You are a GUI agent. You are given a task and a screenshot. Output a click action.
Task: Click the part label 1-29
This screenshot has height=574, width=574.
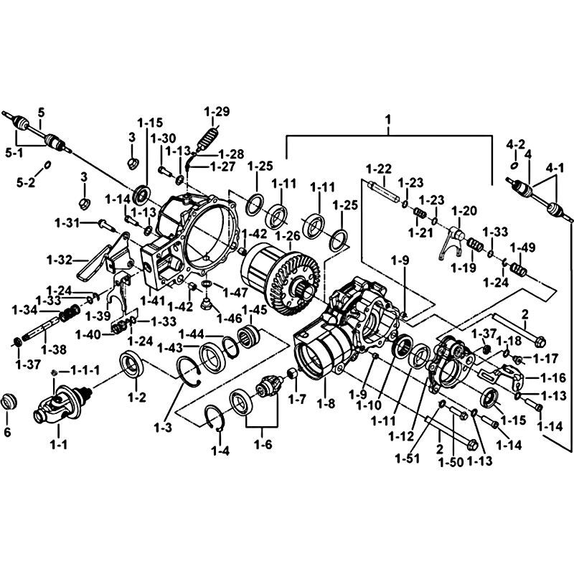216,111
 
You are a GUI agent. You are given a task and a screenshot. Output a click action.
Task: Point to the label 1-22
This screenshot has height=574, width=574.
378,169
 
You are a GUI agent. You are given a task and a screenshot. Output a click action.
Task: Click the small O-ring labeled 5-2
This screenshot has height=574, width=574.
46,165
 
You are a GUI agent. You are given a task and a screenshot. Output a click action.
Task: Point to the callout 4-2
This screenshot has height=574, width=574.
516,143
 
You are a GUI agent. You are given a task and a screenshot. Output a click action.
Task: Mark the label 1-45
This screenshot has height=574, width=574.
253,309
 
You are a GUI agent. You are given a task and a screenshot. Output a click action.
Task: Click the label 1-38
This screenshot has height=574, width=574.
54,349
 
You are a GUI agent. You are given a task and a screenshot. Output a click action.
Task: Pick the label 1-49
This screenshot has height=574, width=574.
522,248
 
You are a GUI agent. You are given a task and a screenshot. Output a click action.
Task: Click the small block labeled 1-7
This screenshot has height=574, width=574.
292,374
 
